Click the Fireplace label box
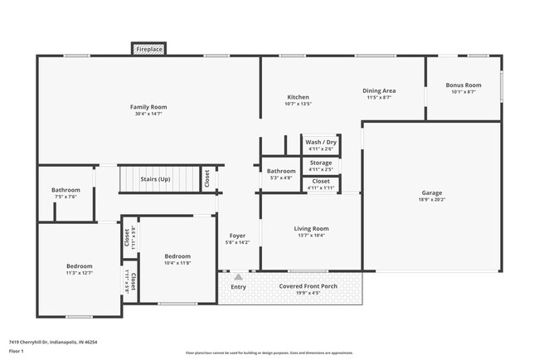tap(149, 50)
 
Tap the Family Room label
tap(148, 107)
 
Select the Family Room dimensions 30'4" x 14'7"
tap(148, 114)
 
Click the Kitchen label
tap(298, 97)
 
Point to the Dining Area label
tap(379, 90)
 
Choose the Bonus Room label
tap(464, 85)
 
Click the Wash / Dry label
tap(320, 142)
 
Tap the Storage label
tap(320, 163)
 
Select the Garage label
tap(432, 192)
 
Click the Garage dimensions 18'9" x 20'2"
tap(432, 200)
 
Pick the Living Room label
tap(311, 228)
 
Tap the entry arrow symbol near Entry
tap(238, 277)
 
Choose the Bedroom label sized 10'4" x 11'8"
tap(177, 256)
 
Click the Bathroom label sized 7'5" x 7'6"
tap(66, 190)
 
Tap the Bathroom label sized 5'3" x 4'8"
tap(281, 171)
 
